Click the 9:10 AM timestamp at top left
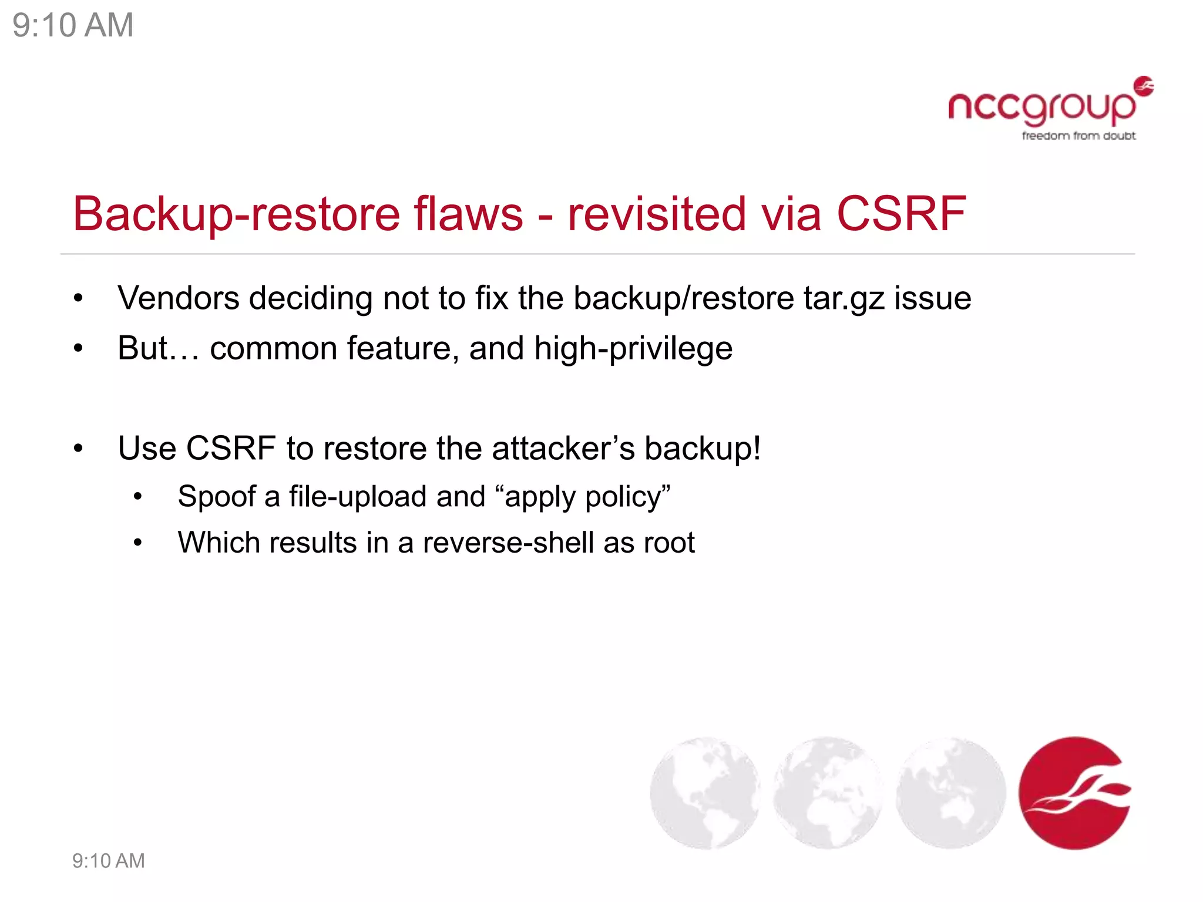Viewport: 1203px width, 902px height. (x=73, y=26)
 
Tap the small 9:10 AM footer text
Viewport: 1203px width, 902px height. (x=108, y=861)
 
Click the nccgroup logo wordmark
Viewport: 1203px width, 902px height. (x=1041, y=107)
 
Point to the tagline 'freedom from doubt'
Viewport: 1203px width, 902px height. (x=1078, y=136)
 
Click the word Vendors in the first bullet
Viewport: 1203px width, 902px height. (x=178, y=298)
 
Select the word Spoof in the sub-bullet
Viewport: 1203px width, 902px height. (x=216, y=497)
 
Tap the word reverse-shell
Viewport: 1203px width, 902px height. (x=508, y=543)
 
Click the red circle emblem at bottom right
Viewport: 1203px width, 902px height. (x=1074, y=793)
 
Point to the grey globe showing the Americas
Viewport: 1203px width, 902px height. (x=704, y=793)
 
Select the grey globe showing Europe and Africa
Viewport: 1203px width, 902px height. (x=827, y=793)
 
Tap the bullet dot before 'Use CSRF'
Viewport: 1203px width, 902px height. (x=79, y=449)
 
